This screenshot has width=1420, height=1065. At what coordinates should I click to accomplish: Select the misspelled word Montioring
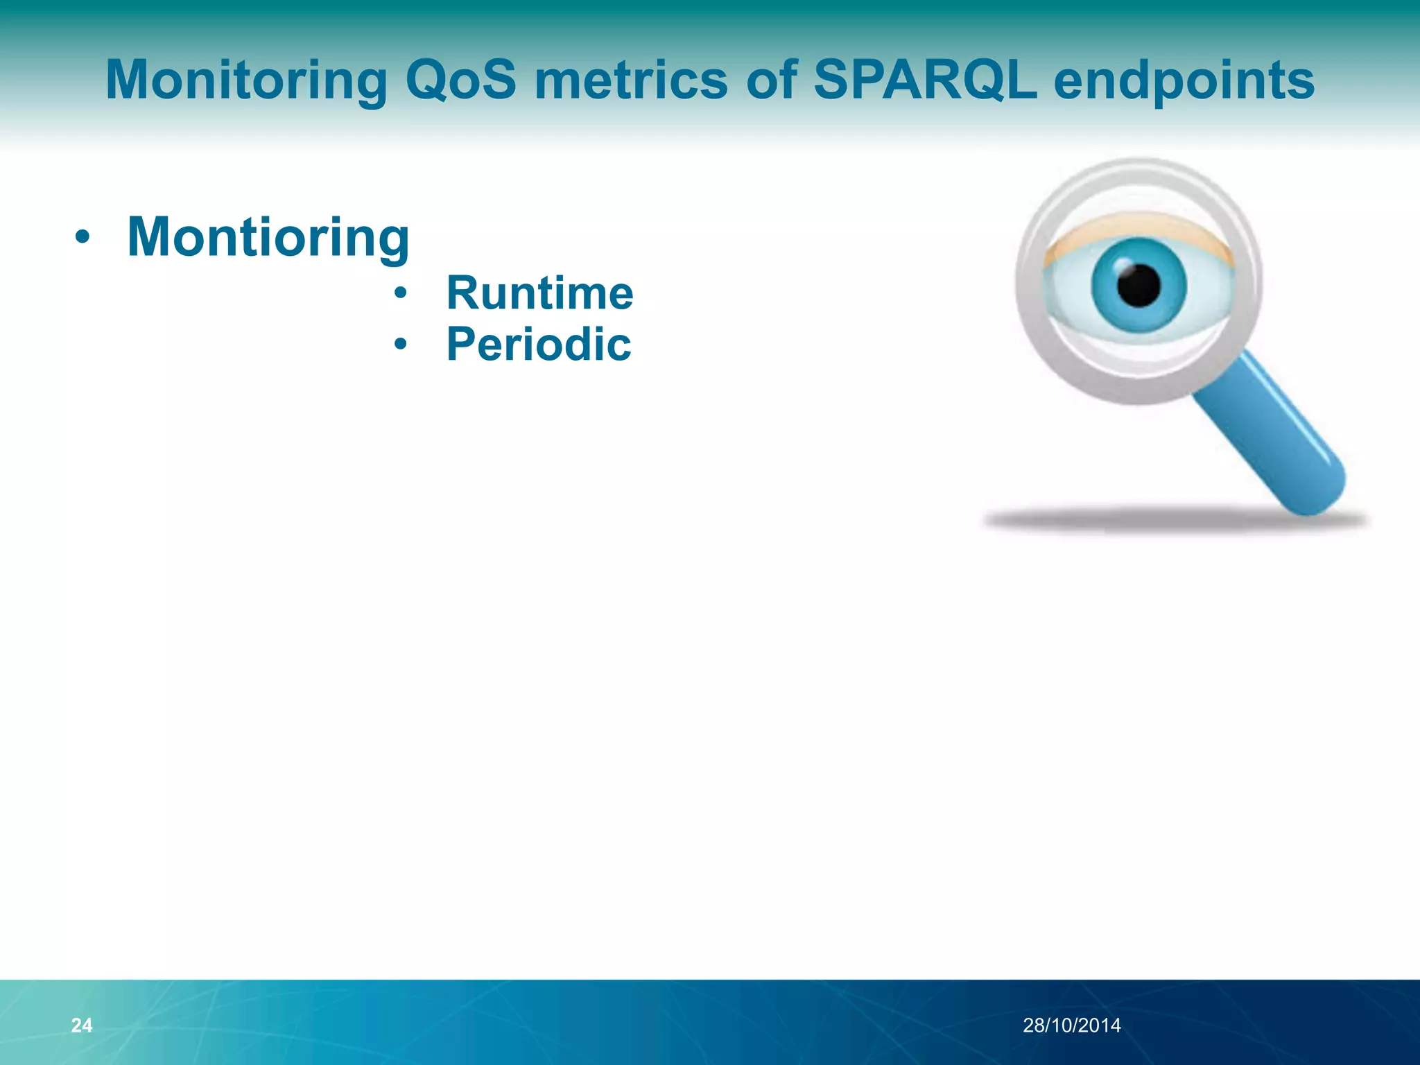[x=268, y=238]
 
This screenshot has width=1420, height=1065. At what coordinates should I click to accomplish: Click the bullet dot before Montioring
[x=83, y=238]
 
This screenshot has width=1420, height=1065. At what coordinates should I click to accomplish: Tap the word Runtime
[x=539, y=293]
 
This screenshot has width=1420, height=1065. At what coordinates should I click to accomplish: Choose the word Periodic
[x=539, y=345]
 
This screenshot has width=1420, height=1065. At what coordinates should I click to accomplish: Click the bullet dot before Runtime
[x=400, y=293]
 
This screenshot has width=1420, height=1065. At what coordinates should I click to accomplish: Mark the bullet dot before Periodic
[x=400, y=344]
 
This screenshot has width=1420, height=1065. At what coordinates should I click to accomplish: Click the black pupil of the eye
[x=1138, y=285]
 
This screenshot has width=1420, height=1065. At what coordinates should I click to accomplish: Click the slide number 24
[x=82, y=1025]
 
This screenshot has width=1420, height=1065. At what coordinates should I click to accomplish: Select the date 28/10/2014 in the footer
[x=1071, y=1025]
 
